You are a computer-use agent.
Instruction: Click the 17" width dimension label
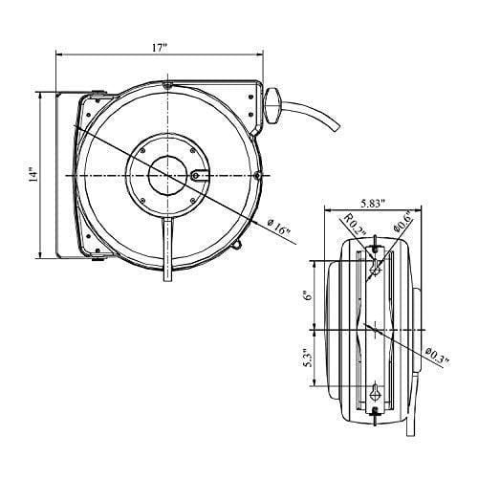point(160,48)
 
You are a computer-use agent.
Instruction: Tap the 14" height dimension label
point(33,174)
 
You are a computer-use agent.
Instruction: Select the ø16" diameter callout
point(279,228)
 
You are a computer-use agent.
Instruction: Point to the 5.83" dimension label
point(373,203)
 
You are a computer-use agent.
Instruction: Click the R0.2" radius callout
point(355,226)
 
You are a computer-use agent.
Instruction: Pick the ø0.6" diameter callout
point(402,223)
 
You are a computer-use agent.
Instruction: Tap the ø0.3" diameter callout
point(438,357)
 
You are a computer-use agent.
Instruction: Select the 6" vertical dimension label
point(308,295)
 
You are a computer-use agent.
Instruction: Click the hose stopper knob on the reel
point(272,105)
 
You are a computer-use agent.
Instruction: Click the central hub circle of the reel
point(167,175)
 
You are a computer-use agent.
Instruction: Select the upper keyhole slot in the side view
point(376,269)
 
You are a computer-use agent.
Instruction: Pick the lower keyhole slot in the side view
point(376,393)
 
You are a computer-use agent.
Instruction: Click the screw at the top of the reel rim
point(167,85)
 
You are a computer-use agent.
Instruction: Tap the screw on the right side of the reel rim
point(258,175)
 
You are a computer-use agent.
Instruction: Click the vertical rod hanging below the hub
point(167,250)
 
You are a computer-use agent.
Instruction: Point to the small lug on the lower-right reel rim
point(237,244)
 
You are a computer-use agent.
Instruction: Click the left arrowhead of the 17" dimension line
point(60,54)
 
